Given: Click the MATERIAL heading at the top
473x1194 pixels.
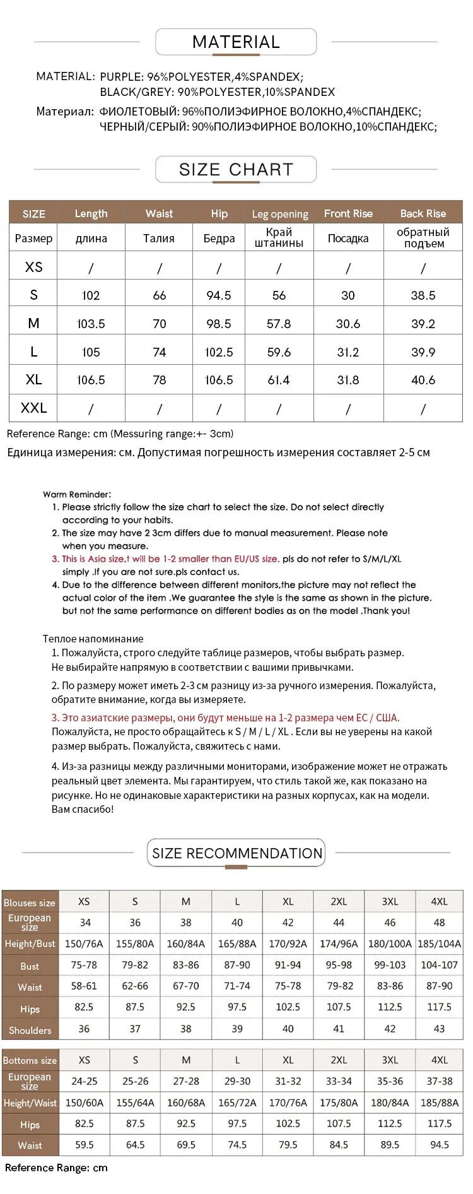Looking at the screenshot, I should [x=236, y=42].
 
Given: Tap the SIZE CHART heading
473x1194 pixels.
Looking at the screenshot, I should [x=236, y=170].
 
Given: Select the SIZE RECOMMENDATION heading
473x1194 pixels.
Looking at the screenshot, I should [x=237, y=853].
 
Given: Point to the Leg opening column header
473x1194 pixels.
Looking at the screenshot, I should [x=279, y=214].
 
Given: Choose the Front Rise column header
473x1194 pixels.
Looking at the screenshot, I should [x=348, y=214].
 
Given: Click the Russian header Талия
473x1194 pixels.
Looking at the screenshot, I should [x=159, y=239].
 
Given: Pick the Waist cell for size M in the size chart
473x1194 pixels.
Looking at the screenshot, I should [x=160, y=324].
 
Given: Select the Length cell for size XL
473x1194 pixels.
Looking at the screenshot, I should [x=91, y=380].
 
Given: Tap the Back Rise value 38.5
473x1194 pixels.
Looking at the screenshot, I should [x=423, y=295].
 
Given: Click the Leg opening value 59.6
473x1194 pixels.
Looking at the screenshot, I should [x=279, y=352].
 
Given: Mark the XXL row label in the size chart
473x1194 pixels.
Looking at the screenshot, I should [x=33, y=408].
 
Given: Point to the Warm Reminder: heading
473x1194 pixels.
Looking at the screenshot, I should [x=76, y=494].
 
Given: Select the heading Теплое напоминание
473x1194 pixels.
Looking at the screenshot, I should [x=93, y=639].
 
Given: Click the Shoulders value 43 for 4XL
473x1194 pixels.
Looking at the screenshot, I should [x=439, y=1029].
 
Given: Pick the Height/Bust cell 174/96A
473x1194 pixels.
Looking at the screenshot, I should [x=339, y=944].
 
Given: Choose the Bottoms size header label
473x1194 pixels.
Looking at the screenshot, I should [x=30, y=1061].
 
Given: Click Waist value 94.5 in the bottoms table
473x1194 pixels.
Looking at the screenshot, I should [x=439, y=1145].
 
